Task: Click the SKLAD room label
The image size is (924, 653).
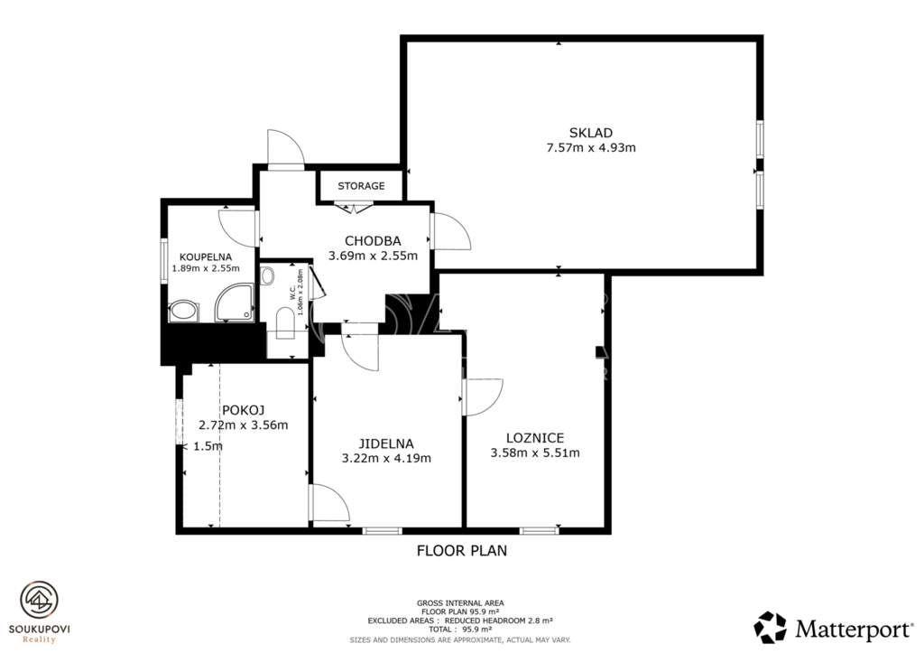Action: point(590,133)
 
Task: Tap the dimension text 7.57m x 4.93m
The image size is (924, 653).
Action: point(591,147)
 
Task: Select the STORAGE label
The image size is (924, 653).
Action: point(361,186)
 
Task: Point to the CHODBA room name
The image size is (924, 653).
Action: point(373,240)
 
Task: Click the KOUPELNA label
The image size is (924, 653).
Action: point(206,257)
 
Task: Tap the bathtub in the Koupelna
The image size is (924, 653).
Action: point(184,312)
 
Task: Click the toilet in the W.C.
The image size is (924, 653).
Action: point(285,324)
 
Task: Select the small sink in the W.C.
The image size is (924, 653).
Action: point(267,275)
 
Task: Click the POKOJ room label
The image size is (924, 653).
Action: point(243,410)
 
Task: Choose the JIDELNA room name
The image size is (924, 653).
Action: point(386,443)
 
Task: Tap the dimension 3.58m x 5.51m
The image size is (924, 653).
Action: point(535,453)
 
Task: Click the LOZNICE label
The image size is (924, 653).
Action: point(535,438)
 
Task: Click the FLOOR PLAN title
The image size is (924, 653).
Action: point(462,551)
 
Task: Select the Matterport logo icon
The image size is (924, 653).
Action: point(771,627)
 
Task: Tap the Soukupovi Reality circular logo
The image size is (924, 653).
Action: point(40,601)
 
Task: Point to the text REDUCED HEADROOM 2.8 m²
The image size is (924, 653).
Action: point(498,621)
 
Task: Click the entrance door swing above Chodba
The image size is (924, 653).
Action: point(286,149)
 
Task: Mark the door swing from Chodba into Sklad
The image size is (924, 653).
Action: point(451,231)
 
